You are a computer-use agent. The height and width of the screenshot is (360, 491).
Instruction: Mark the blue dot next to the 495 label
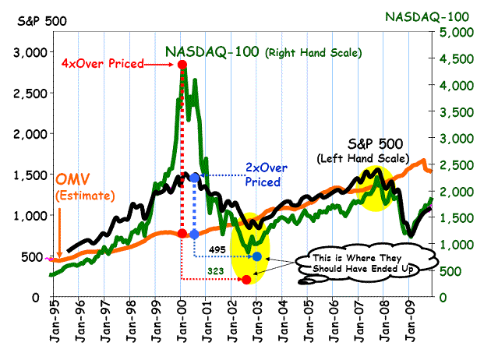(257, 256)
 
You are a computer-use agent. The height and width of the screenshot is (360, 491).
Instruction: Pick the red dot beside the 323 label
(247, 279)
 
